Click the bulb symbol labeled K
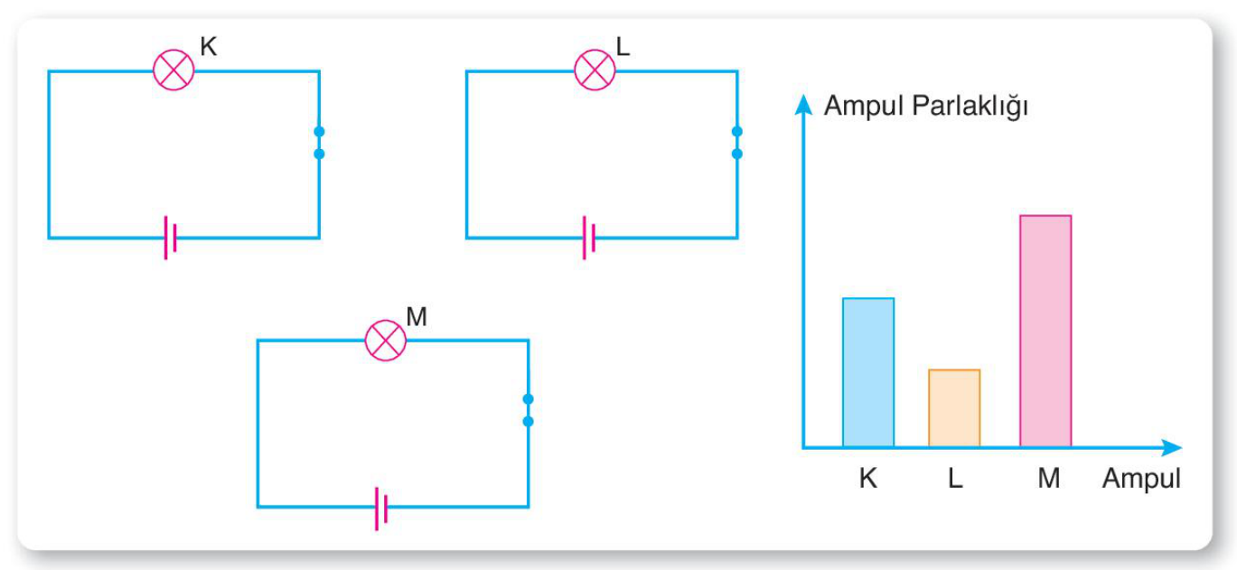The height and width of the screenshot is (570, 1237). [173, 70]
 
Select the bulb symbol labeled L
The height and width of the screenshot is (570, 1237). [595, 70]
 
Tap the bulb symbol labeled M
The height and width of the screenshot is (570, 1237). [386, 341]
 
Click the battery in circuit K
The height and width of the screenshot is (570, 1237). [170, 238]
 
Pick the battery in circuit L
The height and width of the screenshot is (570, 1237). [588, 238]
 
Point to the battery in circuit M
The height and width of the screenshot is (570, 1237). [381, 509]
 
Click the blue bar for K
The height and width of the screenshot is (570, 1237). [868, 372]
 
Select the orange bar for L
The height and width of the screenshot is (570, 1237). [954, 407]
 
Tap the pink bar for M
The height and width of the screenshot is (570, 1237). [1045, 331]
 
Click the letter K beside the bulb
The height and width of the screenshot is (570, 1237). [208, 46]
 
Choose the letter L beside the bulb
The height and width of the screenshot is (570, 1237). [623, 46]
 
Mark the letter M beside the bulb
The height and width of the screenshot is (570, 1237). [417, 316]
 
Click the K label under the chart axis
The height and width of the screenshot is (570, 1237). [868, 479]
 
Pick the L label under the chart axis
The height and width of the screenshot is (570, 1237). [955, 479]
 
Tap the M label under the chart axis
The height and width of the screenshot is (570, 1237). [1049, 479]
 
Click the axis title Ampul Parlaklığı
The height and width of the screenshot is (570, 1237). [925, 106]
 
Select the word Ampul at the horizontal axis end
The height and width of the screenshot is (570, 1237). [1141, 479]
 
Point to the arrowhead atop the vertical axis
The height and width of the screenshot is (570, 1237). [803, 105]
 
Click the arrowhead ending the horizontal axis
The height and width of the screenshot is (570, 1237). [1171, 447]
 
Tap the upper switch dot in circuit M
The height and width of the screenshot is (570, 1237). [528, 398]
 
